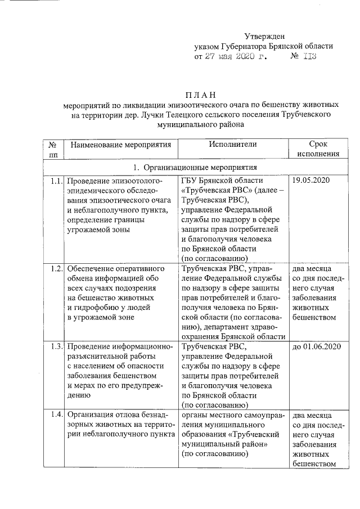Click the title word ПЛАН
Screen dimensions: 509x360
(201, 94)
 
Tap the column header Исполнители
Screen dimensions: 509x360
(232, 145)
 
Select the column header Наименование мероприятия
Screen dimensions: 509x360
(120, 145)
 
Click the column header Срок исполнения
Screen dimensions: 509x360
(318, 149)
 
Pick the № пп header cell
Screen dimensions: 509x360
(53, 149)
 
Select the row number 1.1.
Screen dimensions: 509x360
(55, 181)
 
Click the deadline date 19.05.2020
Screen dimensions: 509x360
(311, 181)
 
